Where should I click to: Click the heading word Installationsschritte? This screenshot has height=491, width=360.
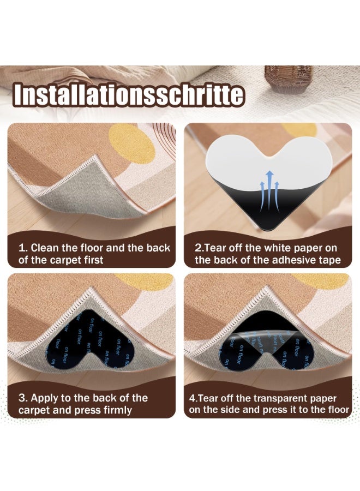129,95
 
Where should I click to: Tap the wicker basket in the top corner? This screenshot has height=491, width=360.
288,79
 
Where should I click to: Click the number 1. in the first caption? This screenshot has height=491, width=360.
23,248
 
